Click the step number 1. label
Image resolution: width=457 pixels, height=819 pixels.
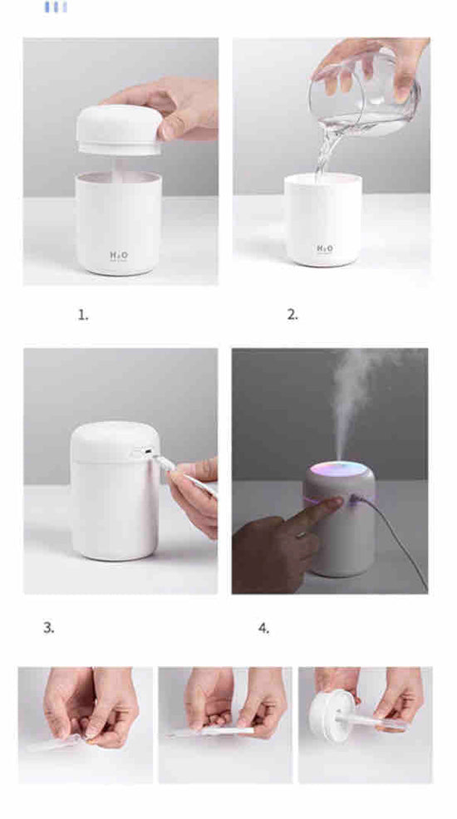click(83, 315)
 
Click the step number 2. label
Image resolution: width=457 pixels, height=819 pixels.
click(292, 315)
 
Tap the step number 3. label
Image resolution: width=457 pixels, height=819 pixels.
click(49, 628)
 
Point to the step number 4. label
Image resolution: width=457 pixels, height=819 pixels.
click(263, 628)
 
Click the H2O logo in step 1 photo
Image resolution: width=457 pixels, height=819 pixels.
click(118, 255)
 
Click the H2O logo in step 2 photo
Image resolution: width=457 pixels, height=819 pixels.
click(324, 248)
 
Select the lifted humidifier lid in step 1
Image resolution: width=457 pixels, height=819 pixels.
click(119, 129)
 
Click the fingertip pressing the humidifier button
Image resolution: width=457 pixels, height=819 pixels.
click(336, 503)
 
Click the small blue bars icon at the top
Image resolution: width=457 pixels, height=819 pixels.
click(56, 7)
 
